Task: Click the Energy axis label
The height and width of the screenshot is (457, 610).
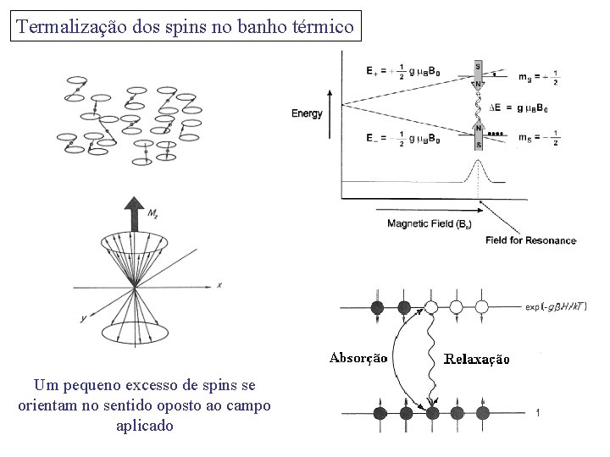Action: tap(307, 113)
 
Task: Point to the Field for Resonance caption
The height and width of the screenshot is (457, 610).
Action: tap(530, 241)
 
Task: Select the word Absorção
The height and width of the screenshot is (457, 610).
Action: tap(358, 358)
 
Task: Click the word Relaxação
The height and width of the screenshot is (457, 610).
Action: tap(478, 359)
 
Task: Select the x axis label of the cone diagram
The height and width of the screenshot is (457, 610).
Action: tap(219, 285)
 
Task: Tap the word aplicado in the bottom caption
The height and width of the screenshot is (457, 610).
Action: tap(144, 426)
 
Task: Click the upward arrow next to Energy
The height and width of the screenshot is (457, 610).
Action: tap(327, 119)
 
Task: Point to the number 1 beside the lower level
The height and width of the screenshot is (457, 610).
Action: tap(537, 412)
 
